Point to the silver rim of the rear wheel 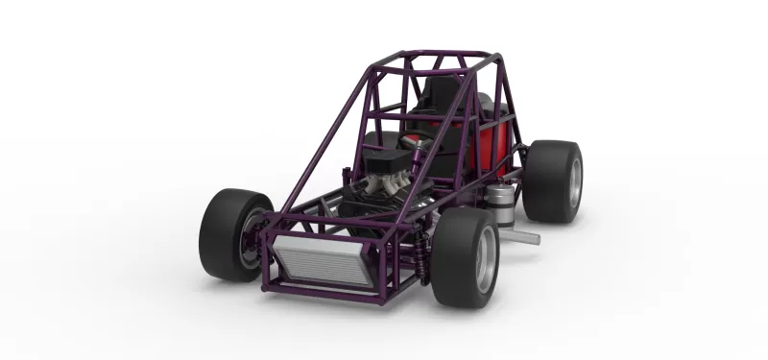pyautogui.click(x=574, y=181)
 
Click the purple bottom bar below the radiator pyautogui.click(x=326, y=293)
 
